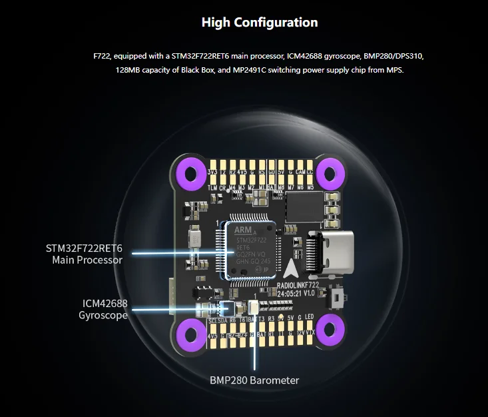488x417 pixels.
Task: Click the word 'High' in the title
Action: pyautogui.click(x=215, y=23)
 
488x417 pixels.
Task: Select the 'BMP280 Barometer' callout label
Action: pyautogui.click(x=254, y=380)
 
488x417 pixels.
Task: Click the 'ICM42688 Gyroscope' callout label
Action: pyautogui.click(x=103, y=309)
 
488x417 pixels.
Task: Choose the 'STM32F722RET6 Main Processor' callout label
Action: pyautogui.click(x=85, y=254)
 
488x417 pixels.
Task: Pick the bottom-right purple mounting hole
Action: pyautogui.click(x=328, y=327)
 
